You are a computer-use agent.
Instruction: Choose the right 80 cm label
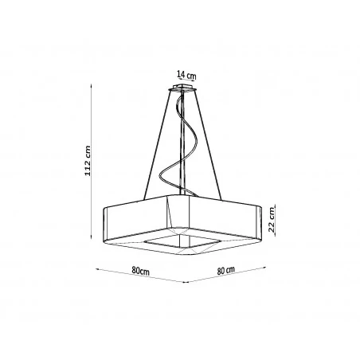tap(231, 271)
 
